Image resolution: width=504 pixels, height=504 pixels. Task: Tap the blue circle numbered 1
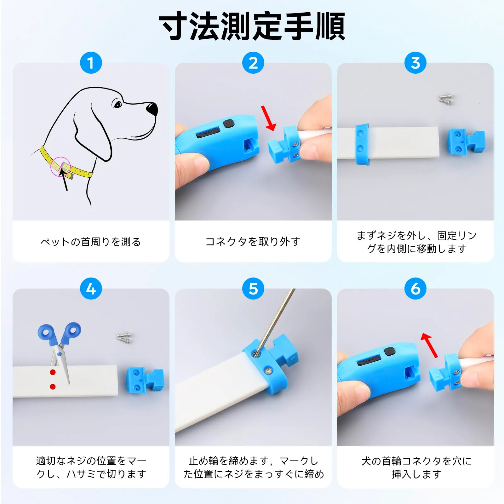point(91,63)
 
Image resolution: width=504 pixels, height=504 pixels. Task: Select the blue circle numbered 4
point(91,289)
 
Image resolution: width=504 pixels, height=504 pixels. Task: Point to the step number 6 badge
point(415,289)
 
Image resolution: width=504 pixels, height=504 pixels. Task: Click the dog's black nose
point(152,109)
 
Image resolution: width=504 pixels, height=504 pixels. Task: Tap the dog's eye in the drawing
point(117,104)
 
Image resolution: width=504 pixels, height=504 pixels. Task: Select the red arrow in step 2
point(268,118)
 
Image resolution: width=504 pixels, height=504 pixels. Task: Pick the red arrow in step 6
point(429,345)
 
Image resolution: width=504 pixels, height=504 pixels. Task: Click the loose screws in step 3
point(445,99)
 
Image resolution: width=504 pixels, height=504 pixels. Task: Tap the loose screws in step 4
point(124,338)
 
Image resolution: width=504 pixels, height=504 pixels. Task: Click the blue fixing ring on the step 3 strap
point(362,144)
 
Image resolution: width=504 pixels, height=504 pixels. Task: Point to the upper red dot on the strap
point(53,372)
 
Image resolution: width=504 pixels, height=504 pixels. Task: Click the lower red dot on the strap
point(53,387)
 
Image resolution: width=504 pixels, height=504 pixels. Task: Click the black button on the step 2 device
point(228,123)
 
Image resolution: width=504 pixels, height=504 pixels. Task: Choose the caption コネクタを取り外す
point(253,242)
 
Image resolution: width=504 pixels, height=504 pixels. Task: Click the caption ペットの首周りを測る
point(91,242)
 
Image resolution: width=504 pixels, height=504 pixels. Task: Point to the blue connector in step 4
point(145,380)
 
